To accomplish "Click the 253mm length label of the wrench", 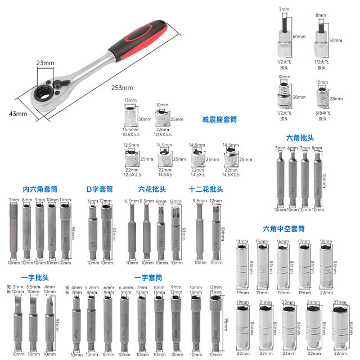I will tap(121, 87).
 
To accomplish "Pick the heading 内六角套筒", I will tap(40, 189).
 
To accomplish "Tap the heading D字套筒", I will tap(100, 189).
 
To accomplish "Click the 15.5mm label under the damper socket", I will tap(130, 129).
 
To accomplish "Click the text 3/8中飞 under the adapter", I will tap(322, 112).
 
